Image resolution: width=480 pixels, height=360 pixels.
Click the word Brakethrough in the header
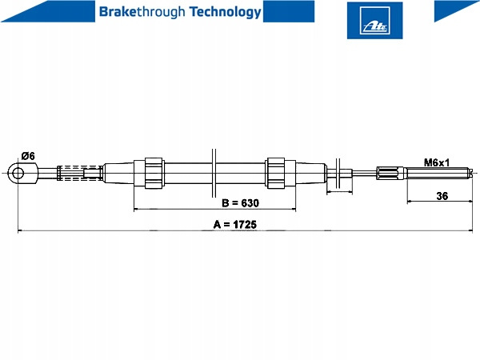click(x=142, y=12)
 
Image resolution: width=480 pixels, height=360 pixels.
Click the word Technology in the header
click(x=226, y=12)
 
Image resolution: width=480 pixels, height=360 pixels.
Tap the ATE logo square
click(x=374, y=21)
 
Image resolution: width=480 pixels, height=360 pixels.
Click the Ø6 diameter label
click(x=28, y=156)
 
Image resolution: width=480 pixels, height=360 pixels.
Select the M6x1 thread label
click(x=437, y=162)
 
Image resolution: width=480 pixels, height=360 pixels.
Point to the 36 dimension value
click(x=442, y=196)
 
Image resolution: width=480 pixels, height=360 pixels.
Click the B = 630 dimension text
click(x=240, y=203)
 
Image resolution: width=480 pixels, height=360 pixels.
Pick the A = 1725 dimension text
click(x=234, y=224)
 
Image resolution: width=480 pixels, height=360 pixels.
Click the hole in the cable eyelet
click(x=18, y=174)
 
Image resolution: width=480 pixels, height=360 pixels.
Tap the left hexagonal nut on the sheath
click(x=154, y=174)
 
